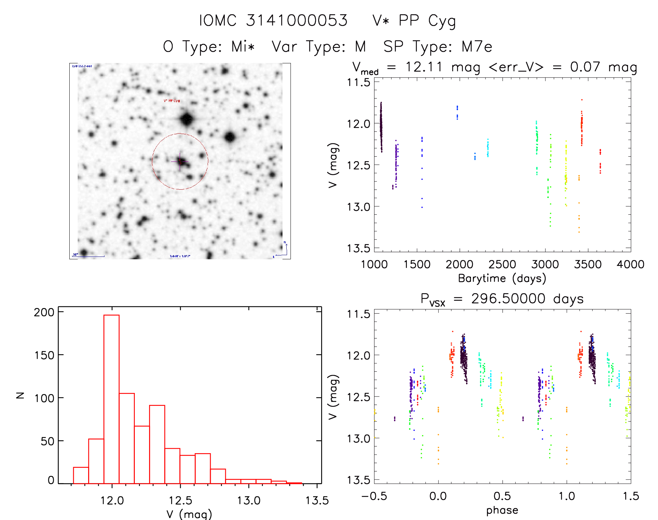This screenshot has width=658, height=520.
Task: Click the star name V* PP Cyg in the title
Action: (414, 21)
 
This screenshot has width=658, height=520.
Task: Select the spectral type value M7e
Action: (477, 47)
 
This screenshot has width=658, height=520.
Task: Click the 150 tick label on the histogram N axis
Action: (44, 355)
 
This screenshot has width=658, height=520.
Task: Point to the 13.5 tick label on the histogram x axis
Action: (317, 501)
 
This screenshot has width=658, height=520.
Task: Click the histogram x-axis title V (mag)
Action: (189, 514)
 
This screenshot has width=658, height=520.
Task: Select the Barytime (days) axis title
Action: (502, 278)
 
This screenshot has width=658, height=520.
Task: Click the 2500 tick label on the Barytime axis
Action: (502, 265)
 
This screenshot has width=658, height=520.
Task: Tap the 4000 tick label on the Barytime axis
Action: (630, 265)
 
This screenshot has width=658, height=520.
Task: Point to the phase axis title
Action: (502, 510)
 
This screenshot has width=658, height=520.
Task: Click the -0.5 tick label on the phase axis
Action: (374, 496)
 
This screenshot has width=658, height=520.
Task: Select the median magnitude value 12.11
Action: (424, 67)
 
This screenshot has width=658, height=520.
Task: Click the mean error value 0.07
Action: (585, 67)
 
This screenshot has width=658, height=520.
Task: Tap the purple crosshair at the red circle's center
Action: (180, 161)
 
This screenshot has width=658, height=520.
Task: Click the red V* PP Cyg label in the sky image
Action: (172, 101)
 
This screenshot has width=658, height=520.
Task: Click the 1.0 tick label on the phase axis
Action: (566, 496)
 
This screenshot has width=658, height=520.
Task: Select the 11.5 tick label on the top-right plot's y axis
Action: (358, 82)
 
